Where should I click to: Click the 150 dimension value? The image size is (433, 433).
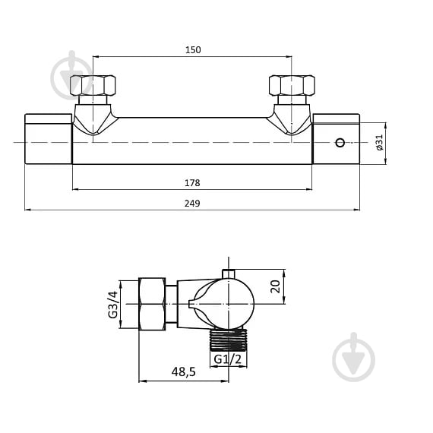click(x=193, y=50)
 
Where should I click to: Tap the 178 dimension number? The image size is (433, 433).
click(x=192, y=183)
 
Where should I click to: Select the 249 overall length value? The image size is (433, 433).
click(x=192, y=204)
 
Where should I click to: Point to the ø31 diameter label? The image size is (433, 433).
click(x=380, y=143)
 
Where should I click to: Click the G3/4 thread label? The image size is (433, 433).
click(x=113, y=305)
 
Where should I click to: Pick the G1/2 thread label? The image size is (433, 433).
click(x=228, y=359)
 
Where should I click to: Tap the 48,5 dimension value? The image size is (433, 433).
click(x=183, y=372)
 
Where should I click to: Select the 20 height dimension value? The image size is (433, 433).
click(x=275, y=286)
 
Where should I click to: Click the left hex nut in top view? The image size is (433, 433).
click(x=93, y=85)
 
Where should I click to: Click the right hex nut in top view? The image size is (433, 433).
click(x=292, y=85)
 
